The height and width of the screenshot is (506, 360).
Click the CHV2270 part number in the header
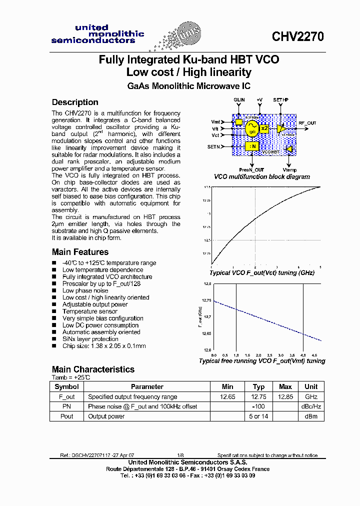(297, 36)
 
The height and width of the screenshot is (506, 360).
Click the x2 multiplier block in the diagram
(265, 128)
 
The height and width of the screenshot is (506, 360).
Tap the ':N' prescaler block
(251, 146)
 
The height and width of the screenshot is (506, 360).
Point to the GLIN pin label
(239, 100)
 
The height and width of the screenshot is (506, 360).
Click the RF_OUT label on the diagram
(307, 122)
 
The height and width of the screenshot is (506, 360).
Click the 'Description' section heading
(75, 102)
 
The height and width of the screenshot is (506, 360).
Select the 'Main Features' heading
(80, 252)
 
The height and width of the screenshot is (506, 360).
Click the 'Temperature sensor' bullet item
(89, 311)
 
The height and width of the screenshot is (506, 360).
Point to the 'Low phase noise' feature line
(85, 290)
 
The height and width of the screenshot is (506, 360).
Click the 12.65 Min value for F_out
(227, 396)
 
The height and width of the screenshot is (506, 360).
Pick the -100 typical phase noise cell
(258, 406)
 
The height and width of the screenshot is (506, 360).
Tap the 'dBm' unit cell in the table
(311, 416)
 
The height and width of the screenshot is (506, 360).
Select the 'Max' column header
(285, 386)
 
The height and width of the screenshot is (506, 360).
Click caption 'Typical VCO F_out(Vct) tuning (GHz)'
(261, 272)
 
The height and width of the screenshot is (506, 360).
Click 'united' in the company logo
(91, 27)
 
